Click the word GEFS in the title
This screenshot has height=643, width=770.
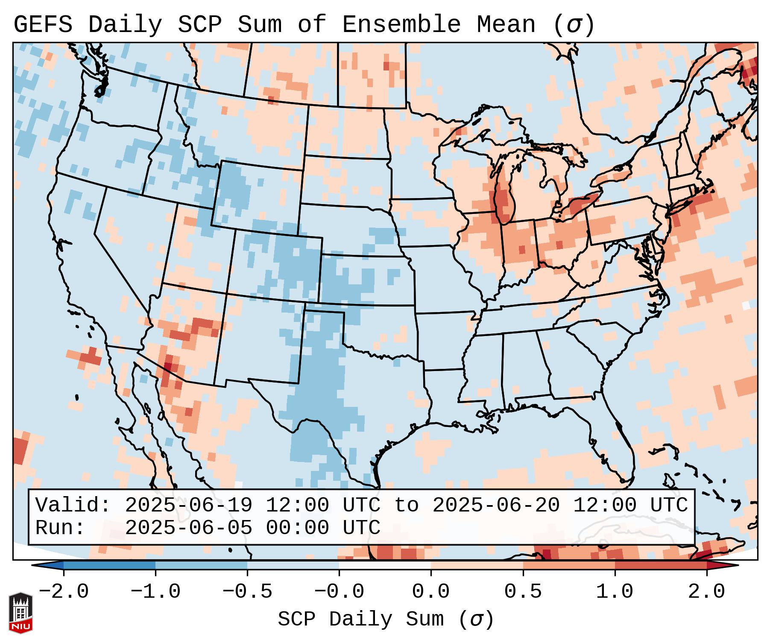tap(43, 25)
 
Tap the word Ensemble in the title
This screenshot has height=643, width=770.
tap(401, 25)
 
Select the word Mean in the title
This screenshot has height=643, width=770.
tap(506, 25)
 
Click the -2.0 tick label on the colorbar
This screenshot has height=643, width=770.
tap(64, 592)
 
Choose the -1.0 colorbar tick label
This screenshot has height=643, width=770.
tap(155, 592)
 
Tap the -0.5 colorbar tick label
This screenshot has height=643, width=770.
tap(247, 592)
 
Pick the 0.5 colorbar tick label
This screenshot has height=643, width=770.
tap(523, 592)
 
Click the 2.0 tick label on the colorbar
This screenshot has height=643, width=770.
tap(706, 592)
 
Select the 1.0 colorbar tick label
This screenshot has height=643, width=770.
tap(615, 592)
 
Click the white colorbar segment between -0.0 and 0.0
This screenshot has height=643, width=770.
tap(385, 565)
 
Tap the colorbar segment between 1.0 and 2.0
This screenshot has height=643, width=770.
tap(661, 565)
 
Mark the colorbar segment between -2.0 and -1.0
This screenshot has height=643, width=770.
tap(109, 565)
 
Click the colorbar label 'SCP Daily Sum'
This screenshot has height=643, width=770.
tap(360, 620)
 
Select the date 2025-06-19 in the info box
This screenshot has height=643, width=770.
tap(189, 506)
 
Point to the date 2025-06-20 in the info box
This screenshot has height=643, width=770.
tap(496, 506)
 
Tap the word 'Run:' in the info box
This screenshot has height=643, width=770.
tap(60, 528)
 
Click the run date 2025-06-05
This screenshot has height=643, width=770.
tap(189, 528)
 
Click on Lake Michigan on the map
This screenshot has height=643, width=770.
tap(504, 196)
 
